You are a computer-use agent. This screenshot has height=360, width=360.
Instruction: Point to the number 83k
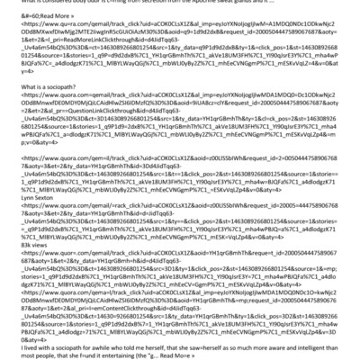8,268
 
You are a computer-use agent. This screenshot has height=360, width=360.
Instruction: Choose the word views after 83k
24,268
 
